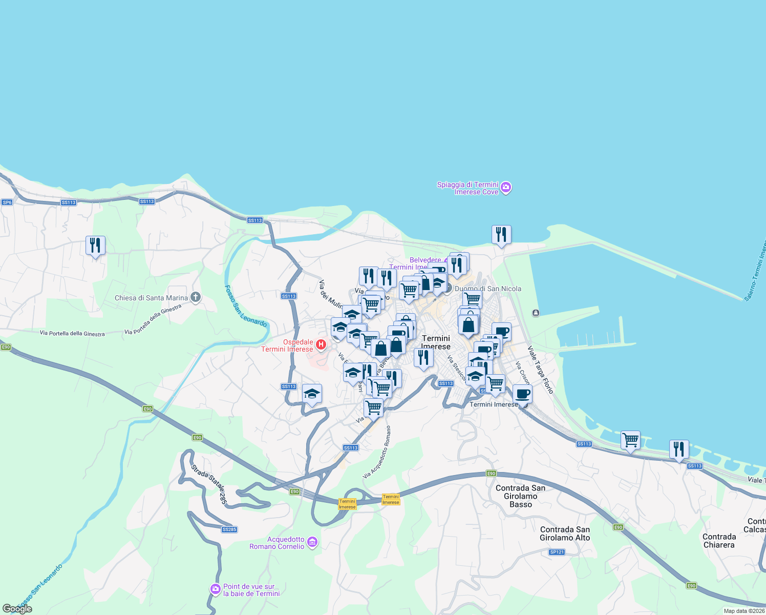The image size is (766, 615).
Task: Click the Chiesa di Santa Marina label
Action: [151, 298]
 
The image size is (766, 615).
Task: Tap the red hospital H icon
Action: [321, 345]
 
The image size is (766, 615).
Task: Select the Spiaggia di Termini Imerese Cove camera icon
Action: [506, 188]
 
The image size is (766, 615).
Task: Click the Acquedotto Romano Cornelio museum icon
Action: [312, 542]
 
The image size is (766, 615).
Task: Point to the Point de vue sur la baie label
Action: [251, 590]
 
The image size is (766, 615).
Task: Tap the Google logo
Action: [17, 608]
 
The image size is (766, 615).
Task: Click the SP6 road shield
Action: [7, 202]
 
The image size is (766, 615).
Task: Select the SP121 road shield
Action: [557, 552]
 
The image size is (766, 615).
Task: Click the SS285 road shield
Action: [229, 529]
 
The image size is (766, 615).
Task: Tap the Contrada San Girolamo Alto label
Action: [565, 534]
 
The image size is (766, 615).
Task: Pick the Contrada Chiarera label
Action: [719, 541]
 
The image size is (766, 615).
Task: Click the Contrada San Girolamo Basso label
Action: [521, 496]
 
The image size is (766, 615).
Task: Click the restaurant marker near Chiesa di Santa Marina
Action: [95, 246]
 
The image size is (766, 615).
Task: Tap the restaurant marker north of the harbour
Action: [501, 235]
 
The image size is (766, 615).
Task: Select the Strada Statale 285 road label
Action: [209, 484]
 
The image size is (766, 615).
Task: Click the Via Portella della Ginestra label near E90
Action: [72, 333]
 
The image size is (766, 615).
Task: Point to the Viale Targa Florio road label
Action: [541, 370]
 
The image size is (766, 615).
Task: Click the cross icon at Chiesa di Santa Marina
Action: [195, 297]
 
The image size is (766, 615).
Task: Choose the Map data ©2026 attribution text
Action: [744, 611]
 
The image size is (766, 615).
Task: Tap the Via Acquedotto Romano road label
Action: [377, 453]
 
